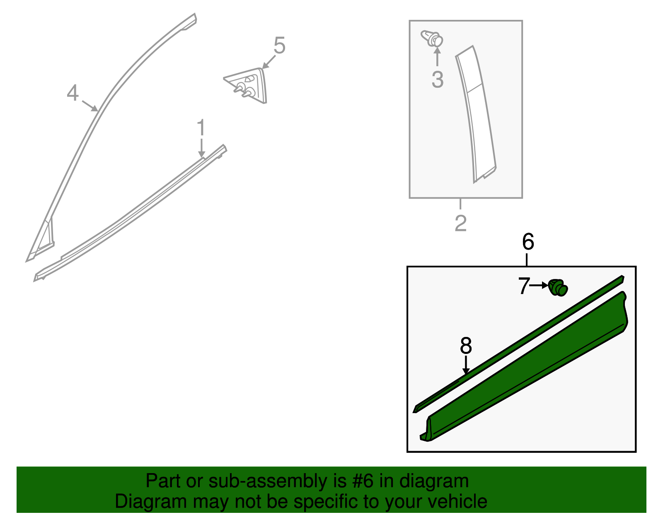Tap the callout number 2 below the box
tap(460, 224)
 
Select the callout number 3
tap(438, 79)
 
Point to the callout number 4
tap(73, 93)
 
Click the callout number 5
tap(280, 46)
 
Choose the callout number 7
tap(524, 286)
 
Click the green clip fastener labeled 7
tap(558, 287)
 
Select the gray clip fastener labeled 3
tap(432, 39)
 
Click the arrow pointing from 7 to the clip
tap(539, 285)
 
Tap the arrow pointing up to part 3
tap(437, 58)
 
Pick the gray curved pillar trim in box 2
tap(477, 116)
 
